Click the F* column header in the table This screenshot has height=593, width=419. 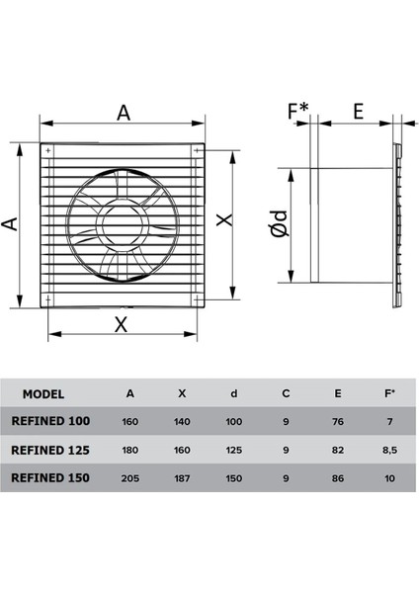point(388,392)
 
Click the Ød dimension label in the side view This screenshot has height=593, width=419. point(281,227)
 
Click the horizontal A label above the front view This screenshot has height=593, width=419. point(123,112)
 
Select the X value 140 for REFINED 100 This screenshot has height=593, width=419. point(182,421)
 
